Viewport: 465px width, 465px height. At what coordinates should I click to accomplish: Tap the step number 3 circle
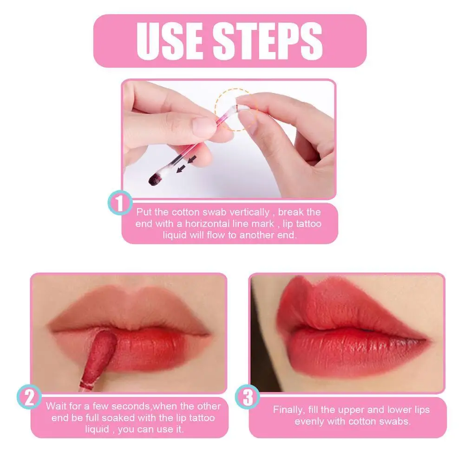[248, 399]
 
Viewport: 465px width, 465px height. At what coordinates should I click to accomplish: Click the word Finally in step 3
[288, 410]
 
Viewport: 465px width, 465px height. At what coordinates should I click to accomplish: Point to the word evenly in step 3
[310, 421]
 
